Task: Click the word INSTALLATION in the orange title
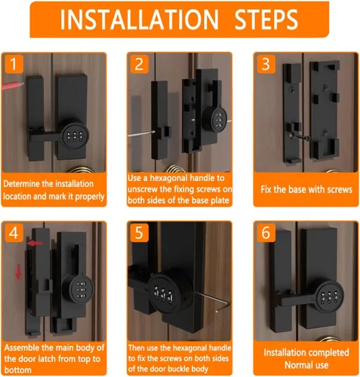[x=139, y=20]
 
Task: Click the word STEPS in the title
[x=266, y=20]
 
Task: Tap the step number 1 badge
[x=14, y=64]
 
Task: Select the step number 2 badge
[x=139, y=64]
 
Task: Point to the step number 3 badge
[x=266, y=64]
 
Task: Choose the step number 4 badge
[x=14, y=233]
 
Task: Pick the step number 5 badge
[x=139, y=233]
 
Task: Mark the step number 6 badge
[x=266, y=233]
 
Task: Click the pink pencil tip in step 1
[x=23, y=83]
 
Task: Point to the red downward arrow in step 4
[x=18, y=272]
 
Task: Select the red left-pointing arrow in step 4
[x=35, y=244]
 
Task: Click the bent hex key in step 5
[x=214, y=302]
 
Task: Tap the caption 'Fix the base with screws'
[x=306, y=189]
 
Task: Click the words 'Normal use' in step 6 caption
[x=306, y=365]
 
